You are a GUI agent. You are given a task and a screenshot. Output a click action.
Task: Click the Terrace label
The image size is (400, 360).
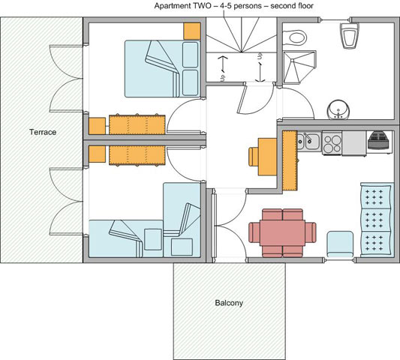pyautogui.click(x=43, y=132)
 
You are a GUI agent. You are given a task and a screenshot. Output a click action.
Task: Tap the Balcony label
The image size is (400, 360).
pyautogui.click(x=229, y=303)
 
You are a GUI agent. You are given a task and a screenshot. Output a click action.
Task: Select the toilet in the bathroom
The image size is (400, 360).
pyautogui.click(x=294, y=38)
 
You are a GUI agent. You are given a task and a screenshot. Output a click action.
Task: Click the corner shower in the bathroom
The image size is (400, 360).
pyautogui.click(x=299, y=67)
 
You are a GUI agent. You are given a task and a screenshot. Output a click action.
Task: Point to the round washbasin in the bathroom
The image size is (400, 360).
pyautogui.click(x=338, y=109)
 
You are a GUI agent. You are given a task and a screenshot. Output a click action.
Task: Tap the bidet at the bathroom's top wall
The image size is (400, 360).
pyautogui.click(x=349, y=35)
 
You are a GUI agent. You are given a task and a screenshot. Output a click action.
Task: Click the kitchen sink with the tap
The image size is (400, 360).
pyautogui.click(x=309, y=141)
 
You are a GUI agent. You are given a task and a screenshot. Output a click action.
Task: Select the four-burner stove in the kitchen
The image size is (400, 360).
pyautogui.click(x=332, y=142)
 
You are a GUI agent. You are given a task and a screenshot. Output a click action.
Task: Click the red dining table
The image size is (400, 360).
pyautogui.click(x=282, y=232)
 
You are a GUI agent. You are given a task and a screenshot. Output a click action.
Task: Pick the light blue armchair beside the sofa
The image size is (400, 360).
pyautogui.click(x=340, y=244)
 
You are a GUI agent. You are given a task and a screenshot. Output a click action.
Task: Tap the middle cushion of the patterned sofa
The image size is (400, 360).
pyautogui.click(x=376, y=220)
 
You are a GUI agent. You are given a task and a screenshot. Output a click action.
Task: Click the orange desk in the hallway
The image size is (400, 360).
pyautogui.click(x=267, y=157)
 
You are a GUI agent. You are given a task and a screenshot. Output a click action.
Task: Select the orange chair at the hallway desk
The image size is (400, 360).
pyautogui.click(x=254, y=157)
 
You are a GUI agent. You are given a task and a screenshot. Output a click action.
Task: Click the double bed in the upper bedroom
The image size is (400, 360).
pyautogui.click(x=162, y=68)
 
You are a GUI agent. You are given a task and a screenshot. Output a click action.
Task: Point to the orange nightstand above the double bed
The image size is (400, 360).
pyautogui.click(x=192, y=31)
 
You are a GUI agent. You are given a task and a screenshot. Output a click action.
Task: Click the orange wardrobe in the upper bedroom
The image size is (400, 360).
pyautogui.click(x=137, y=124)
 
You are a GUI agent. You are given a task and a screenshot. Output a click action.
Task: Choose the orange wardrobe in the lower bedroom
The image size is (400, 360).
pyautogui.click(x=137, y=155)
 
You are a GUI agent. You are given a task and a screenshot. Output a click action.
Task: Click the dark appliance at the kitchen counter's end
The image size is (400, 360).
pyautogui.click(x=379, y=142)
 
